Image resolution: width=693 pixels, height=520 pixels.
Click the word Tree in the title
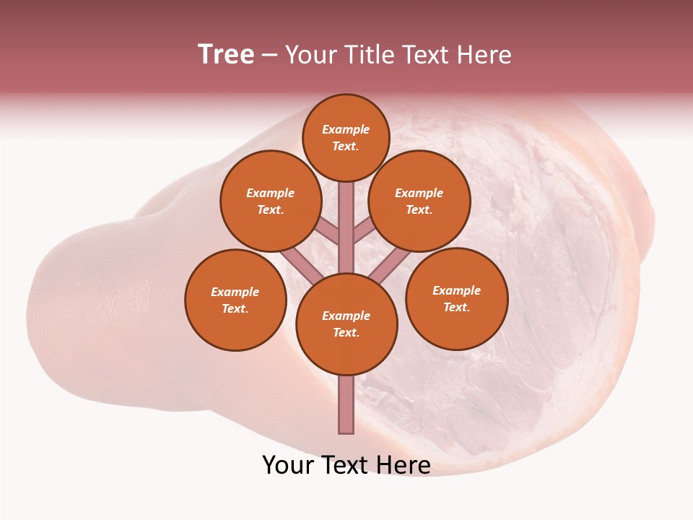coord(226,54)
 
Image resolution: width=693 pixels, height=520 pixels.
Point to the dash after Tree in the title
coord(269,56)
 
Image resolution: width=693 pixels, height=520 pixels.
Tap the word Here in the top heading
coord(484,54)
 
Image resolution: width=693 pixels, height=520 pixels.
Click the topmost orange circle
coord(346,137)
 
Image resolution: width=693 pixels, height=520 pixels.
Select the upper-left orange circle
coord(270,201)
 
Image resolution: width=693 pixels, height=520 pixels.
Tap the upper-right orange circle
coord(419,201)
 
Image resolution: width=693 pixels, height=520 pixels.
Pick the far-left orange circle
coord(235,300)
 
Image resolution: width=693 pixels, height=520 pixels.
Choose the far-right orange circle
coord(456,298)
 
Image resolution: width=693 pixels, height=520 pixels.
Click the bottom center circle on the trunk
coord(346,324)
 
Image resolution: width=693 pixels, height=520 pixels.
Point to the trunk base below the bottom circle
coord(346,404)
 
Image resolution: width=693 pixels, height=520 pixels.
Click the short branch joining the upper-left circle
coord(327,231)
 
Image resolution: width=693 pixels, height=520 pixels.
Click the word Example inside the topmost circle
coord(346,129)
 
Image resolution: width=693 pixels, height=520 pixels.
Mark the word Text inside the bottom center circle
coord(346,332)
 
